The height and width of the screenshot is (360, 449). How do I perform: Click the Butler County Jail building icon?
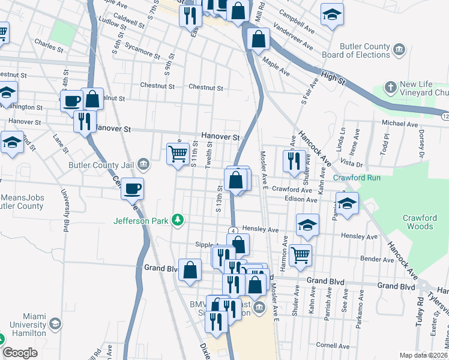coord(143,163)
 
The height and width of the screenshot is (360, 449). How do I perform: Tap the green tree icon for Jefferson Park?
coord(177,220)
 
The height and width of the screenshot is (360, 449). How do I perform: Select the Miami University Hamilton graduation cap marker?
coord(55,325)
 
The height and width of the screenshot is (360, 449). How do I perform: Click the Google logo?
coord(20,353)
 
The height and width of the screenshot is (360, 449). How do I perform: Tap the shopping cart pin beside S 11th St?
coord(178,154)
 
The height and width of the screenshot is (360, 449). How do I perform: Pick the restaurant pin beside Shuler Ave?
coord(293,160)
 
